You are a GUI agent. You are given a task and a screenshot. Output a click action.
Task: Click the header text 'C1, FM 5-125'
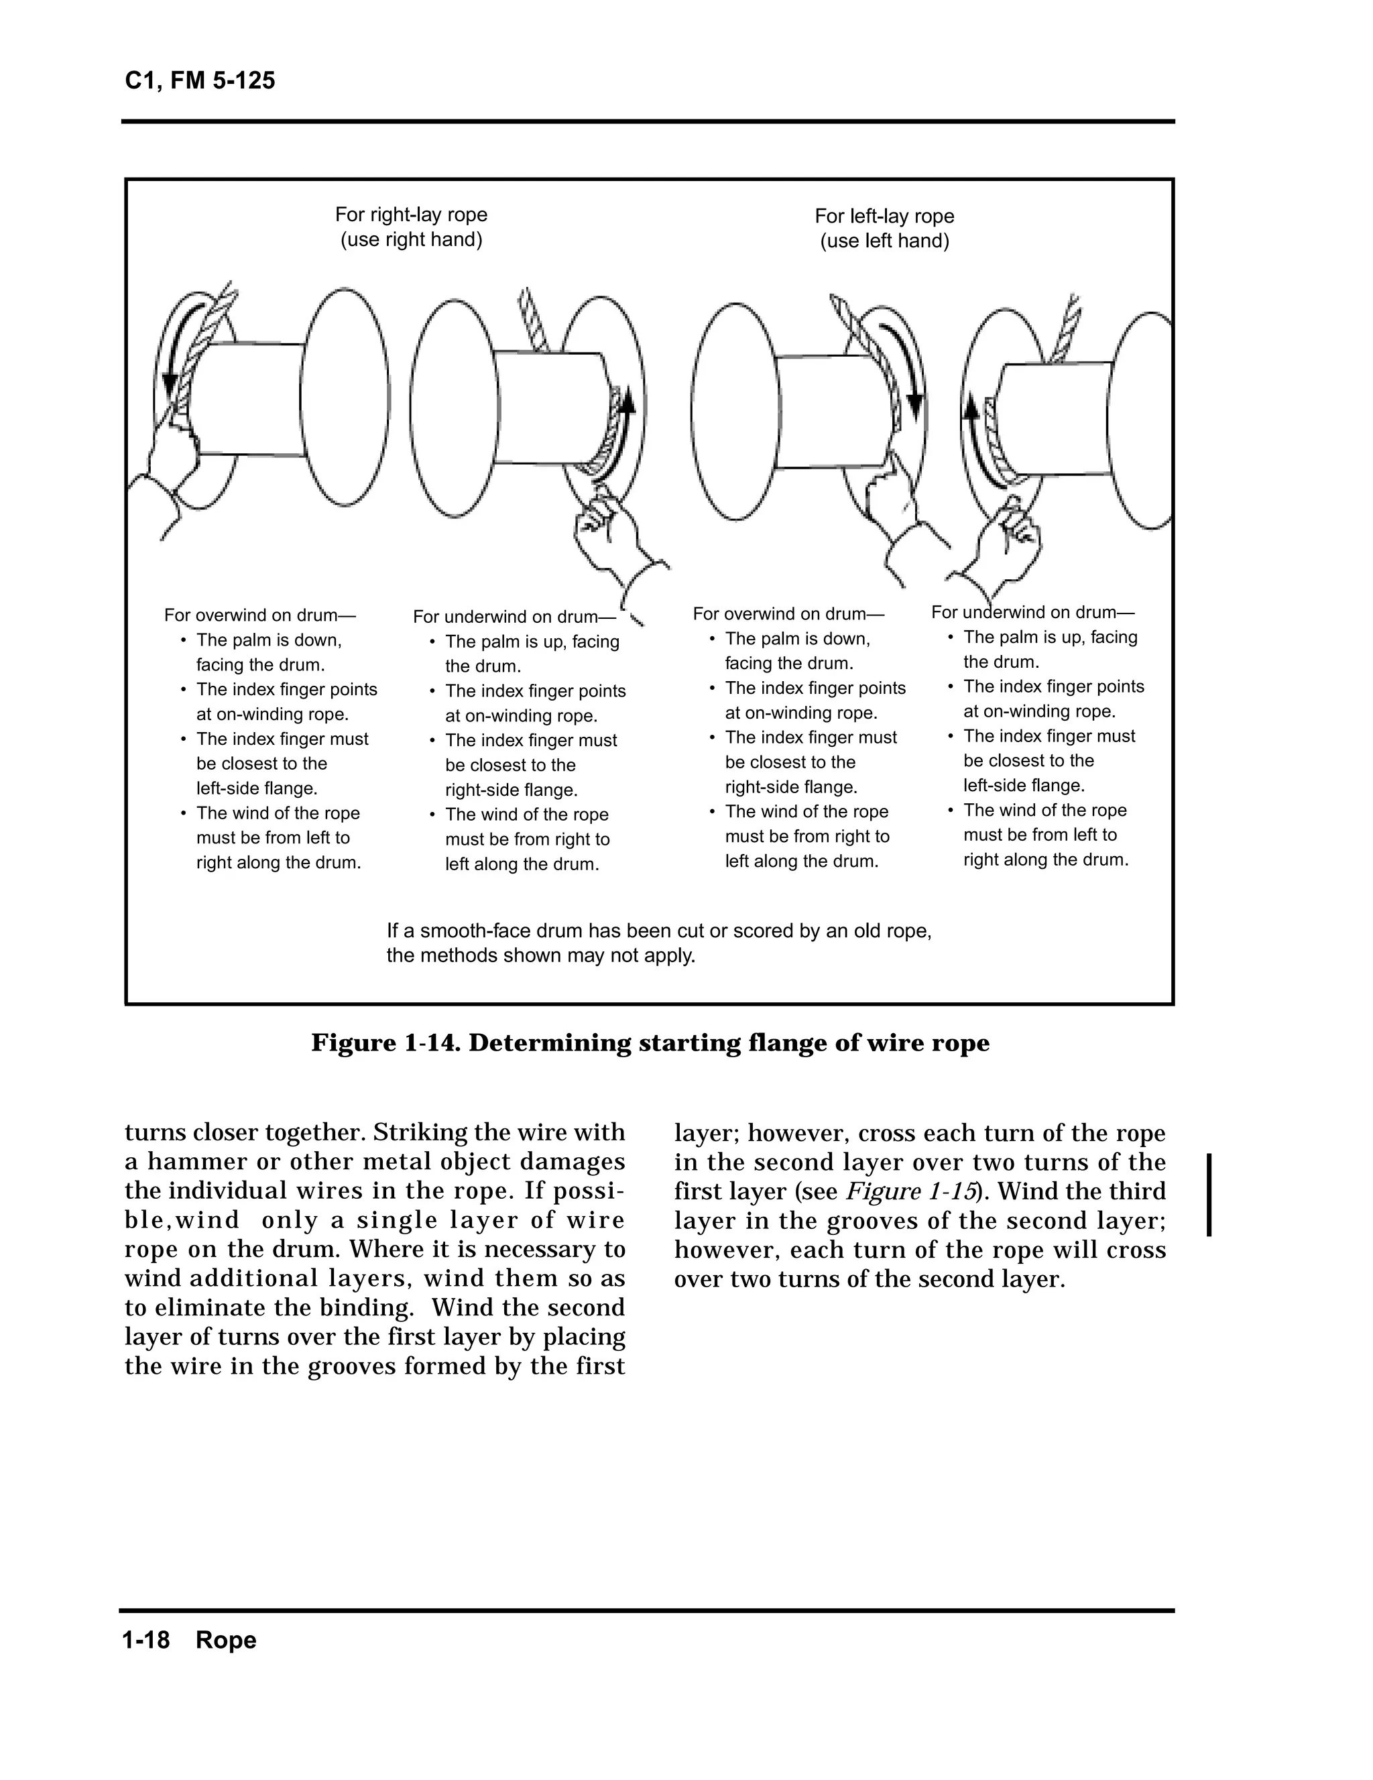tap(200, 80)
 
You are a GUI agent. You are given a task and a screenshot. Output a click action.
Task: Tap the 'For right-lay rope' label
tap(411, 215)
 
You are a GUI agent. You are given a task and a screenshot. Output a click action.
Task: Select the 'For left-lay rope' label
tap(884, 216)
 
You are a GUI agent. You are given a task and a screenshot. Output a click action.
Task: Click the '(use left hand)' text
tap(884, 241)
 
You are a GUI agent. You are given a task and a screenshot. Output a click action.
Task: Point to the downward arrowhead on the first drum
tap(170, 383)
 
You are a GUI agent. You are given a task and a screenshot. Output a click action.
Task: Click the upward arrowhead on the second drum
tap(627, 400)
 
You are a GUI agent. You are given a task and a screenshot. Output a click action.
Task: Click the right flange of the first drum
tap(345, 397)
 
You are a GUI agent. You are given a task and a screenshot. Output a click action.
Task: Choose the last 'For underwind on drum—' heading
tap(1032, 612)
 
